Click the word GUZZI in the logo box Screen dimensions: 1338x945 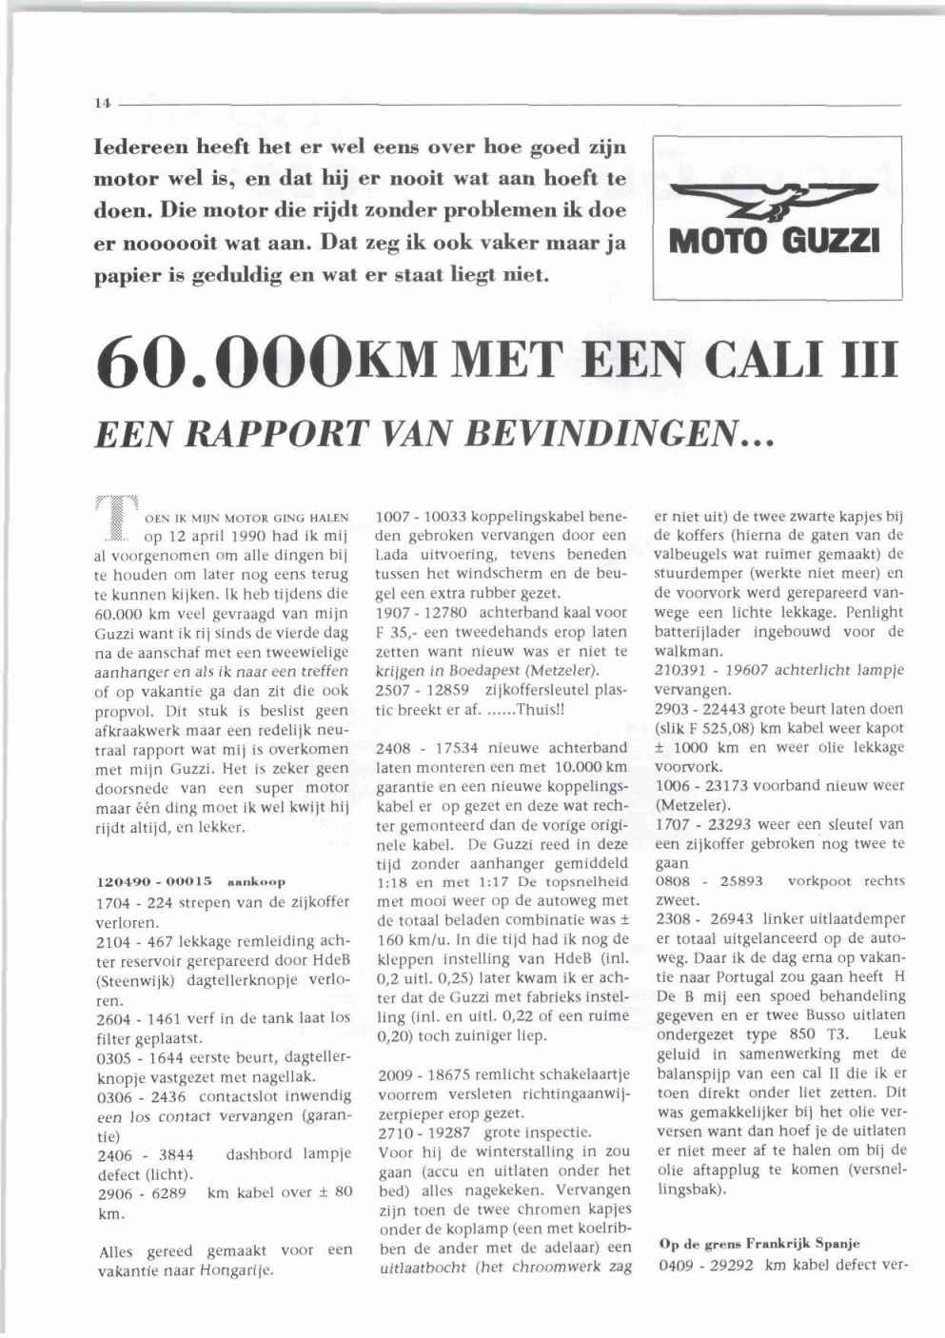click(836, 236)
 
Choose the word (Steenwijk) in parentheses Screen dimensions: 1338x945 click(131, 980)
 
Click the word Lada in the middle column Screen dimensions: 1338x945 click(391, 554)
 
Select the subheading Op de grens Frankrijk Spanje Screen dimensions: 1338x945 click(758, 1244)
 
